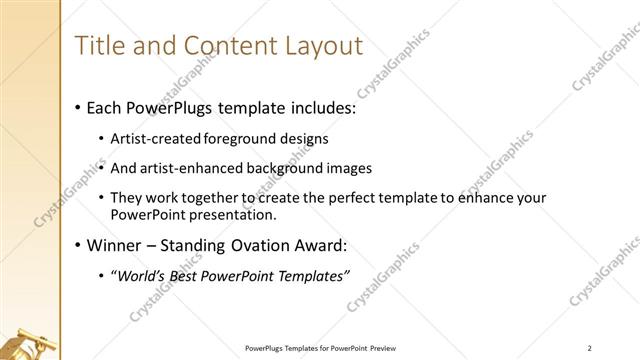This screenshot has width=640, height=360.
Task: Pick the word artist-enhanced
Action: tap(190, 168)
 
